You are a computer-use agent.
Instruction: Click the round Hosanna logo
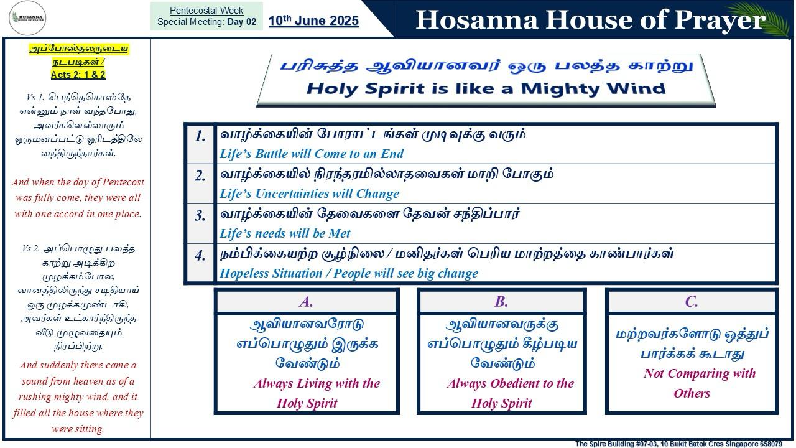[x=27, y=18]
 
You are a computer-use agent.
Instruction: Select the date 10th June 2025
[x=313, y=21]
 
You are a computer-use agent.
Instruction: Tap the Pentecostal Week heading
[x=206, y=11]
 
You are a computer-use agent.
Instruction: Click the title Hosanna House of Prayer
[x=591, y=19]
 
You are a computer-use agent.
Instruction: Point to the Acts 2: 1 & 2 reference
[x=78, y=74]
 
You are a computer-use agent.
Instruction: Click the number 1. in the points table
[x=200, y=136]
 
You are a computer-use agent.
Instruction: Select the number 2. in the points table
[x=200, y=176]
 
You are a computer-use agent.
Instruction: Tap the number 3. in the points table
[x=200, y=216]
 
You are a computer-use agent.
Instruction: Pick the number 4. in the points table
[x=200, y=256]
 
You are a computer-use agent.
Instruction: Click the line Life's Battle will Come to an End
[x=312, y=154]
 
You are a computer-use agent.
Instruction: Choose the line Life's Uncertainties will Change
[x=309, y=194]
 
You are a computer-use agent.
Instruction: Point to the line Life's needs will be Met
[x=285, y=233]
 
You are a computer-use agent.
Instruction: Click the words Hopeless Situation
[x=271, y=273]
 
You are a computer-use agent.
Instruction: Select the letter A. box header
[x=307, y=302]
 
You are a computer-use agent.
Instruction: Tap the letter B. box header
[x=501, y=302]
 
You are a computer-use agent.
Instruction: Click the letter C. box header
[x=692, y=302]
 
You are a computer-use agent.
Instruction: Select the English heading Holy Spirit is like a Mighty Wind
[x=486, y=88]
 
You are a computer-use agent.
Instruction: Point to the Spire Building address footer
[x=678, y=444]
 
